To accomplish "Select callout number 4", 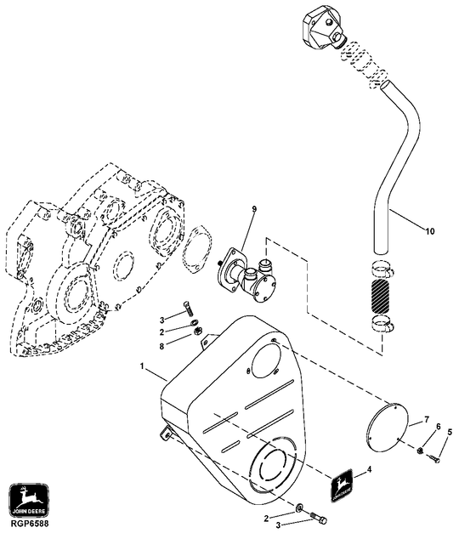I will [x=368, y=468].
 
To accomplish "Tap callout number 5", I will [x=450, y=434].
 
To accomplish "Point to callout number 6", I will [x=438, y=427].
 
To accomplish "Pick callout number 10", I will [x=429, y=230].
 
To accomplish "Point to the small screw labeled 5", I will [x=433, y=459].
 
